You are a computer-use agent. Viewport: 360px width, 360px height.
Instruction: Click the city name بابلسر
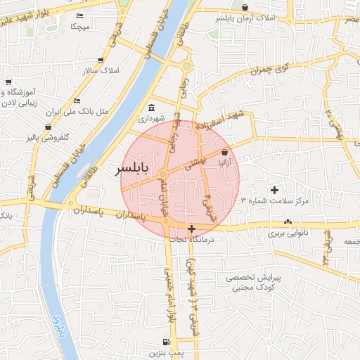132,169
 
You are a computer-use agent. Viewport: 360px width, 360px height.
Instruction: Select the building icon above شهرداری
153,108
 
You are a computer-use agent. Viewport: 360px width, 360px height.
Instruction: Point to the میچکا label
79,26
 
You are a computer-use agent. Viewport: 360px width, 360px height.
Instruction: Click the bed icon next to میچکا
79,15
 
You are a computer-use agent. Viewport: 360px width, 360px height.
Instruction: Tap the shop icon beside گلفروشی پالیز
48,127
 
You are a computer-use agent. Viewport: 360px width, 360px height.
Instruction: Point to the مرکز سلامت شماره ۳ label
275,201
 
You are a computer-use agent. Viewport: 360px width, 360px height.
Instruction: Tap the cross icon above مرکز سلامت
274,190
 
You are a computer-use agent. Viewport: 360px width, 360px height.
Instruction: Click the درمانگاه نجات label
191,240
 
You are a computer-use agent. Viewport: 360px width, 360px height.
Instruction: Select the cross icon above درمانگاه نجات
191,229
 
